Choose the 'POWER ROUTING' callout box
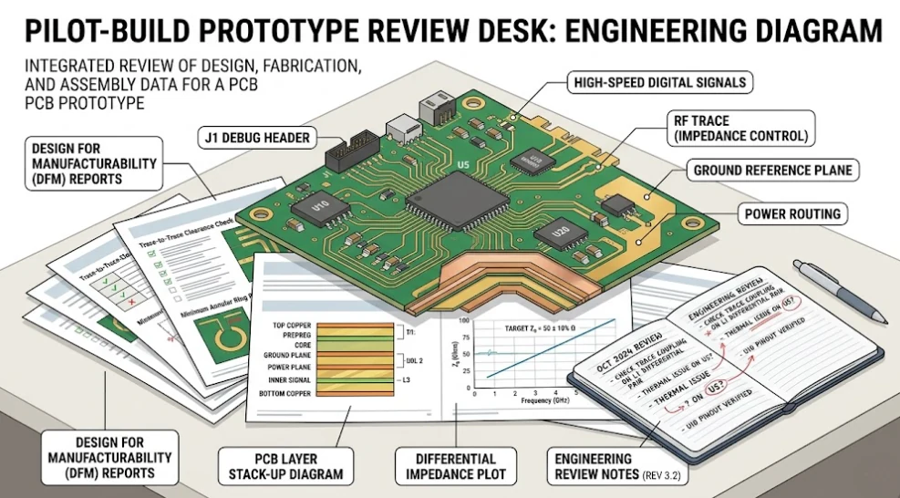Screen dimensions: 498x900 (x=791, y=214)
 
